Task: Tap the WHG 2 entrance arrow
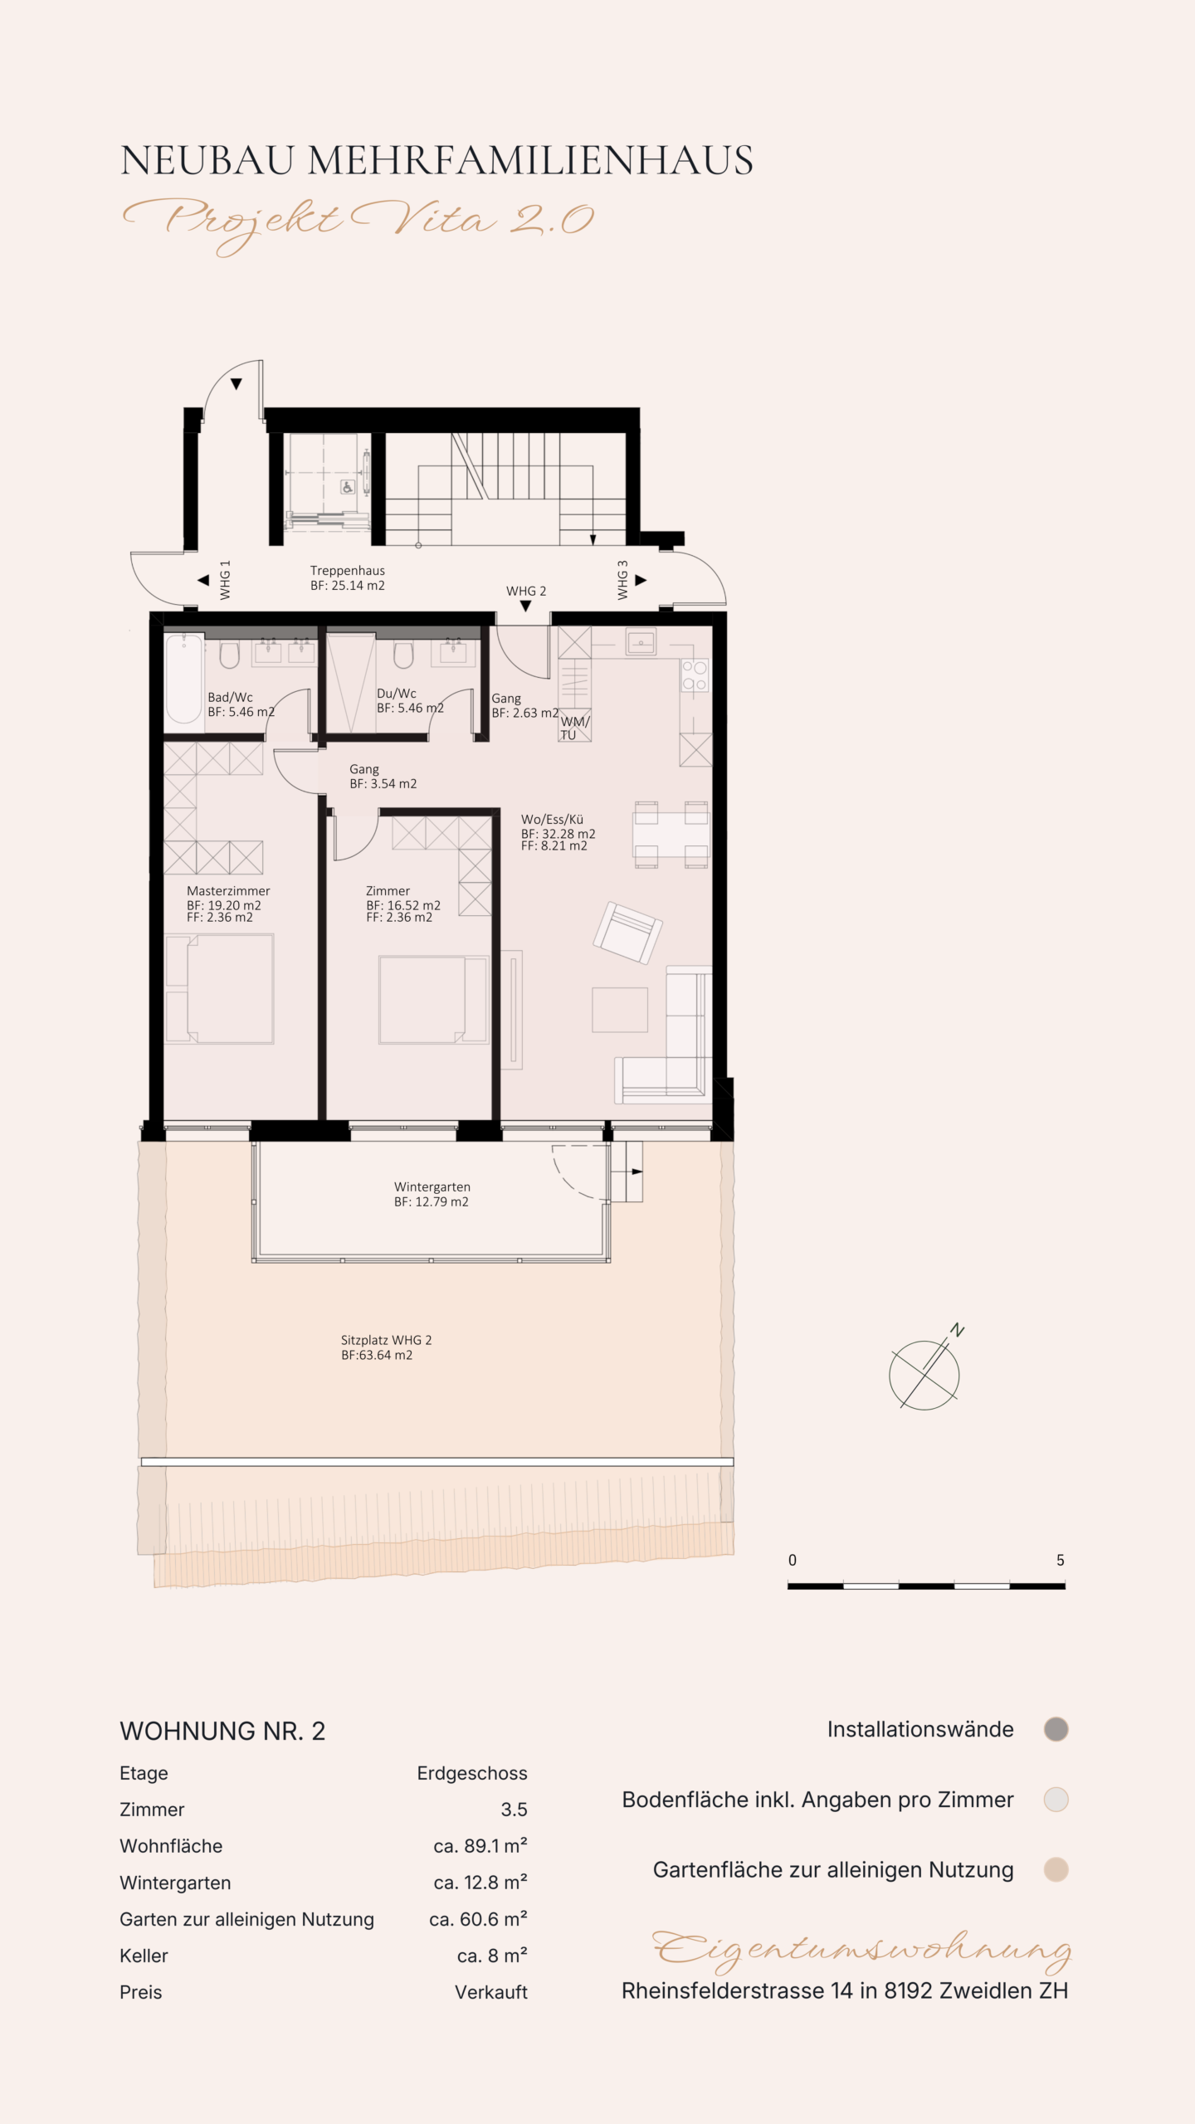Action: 525,607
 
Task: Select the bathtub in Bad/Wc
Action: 183,680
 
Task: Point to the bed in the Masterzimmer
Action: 220,988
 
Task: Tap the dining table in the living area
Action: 671,834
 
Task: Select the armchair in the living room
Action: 627,932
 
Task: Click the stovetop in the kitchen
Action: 695,675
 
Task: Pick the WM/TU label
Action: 574,728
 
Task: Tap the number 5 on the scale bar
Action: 1060,1560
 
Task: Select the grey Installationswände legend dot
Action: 1056,1730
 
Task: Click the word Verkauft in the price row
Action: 491,1992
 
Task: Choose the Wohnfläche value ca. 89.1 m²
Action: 480,1846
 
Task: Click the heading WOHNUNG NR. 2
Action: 222,1732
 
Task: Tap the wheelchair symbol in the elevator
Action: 349,487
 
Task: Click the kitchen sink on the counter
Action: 641,642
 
